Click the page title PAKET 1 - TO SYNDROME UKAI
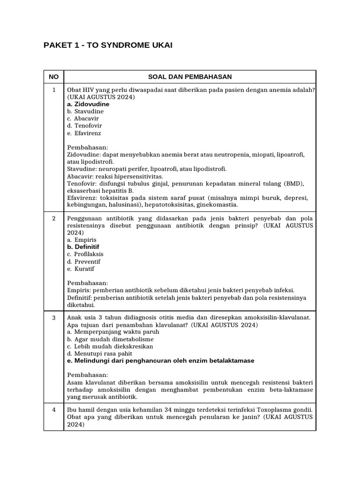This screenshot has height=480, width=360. (x=108, y=45)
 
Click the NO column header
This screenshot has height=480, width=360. (x=54, y=77)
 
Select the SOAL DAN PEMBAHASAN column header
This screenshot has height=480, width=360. (x=190, y=77)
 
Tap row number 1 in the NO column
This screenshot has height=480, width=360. (x=54, y=90)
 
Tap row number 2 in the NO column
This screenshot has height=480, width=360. (x=54, y=218)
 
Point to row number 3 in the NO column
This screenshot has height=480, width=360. (x=54, y=317)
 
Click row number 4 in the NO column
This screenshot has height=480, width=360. (x=54, y=409)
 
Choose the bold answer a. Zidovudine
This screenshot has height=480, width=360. (x=88, y=104)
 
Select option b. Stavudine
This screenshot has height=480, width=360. (x=85, y=112)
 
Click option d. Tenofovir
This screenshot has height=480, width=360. (x=85, y=126)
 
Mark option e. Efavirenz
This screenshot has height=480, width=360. (x=84, y=133)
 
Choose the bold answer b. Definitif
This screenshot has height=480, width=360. (x=83, y=247)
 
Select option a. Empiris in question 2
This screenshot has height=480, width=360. (x=82, y=240)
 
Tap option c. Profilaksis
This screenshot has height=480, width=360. (x=85, y=254)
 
